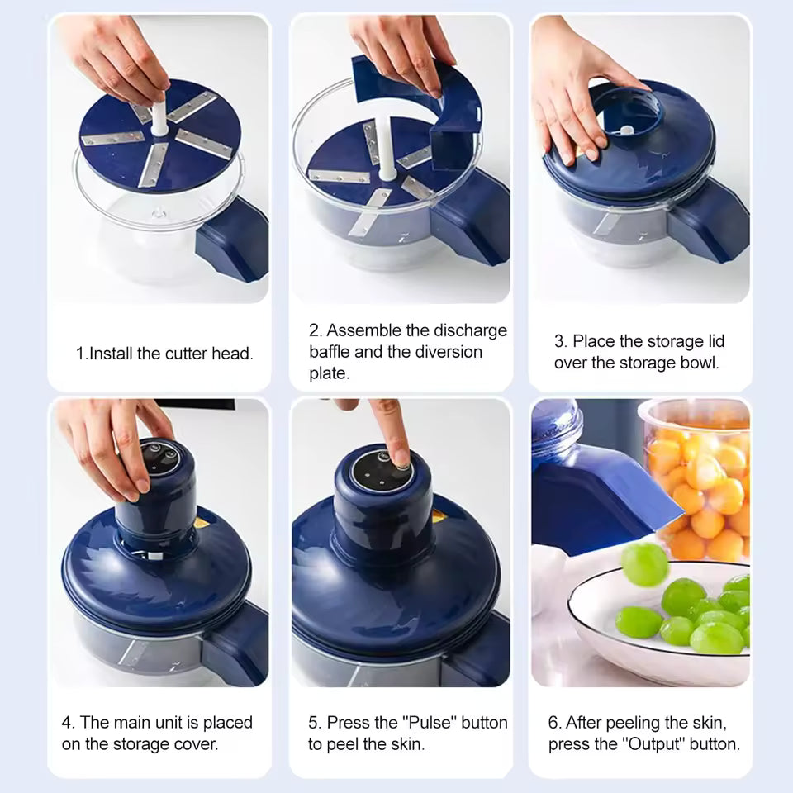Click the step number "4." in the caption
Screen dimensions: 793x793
pos(69,723)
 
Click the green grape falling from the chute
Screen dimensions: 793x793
pos(644,564)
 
